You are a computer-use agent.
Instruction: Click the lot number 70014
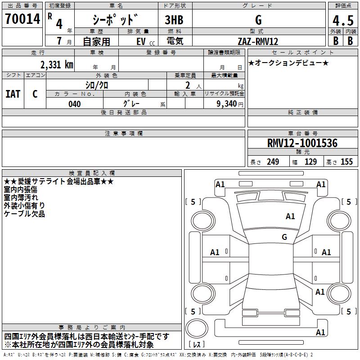point(22,19)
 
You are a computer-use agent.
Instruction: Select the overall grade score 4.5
point(343,20)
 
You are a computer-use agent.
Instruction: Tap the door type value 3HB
point(174,20)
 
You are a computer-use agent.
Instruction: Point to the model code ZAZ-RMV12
point(258,41)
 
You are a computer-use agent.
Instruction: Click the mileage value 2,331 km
point(57,64)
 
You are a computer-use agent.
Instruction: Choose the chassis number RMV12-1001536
point(302,143)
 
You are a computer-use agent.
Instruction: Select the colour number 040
point(75,104)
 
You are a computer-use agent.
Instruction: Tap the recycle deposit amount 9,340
point(226,104)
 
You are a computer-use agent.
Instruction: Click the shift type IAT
point(13,94)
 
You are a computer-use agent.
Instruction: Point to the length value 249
point(273,162)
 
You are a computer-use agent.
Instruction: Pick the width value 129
point(310,162)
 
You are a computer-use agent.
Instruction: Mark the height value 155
point(346,162)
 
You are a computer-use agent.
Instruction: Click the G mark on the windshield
point(284,237)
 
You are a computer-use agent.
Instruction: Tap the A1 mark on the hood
point(290,216)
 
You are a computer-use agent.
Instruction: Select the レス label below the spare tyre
point(197,344)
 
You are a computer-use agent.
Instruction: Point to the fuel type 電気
point(175,41)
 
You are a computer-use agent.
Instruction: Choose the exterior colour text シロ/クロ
point(97,85)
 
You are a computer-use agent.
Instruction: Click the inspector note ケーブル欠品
point(24,214)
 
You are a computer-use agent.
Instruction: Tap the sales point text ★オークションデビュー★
point(288,63)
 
